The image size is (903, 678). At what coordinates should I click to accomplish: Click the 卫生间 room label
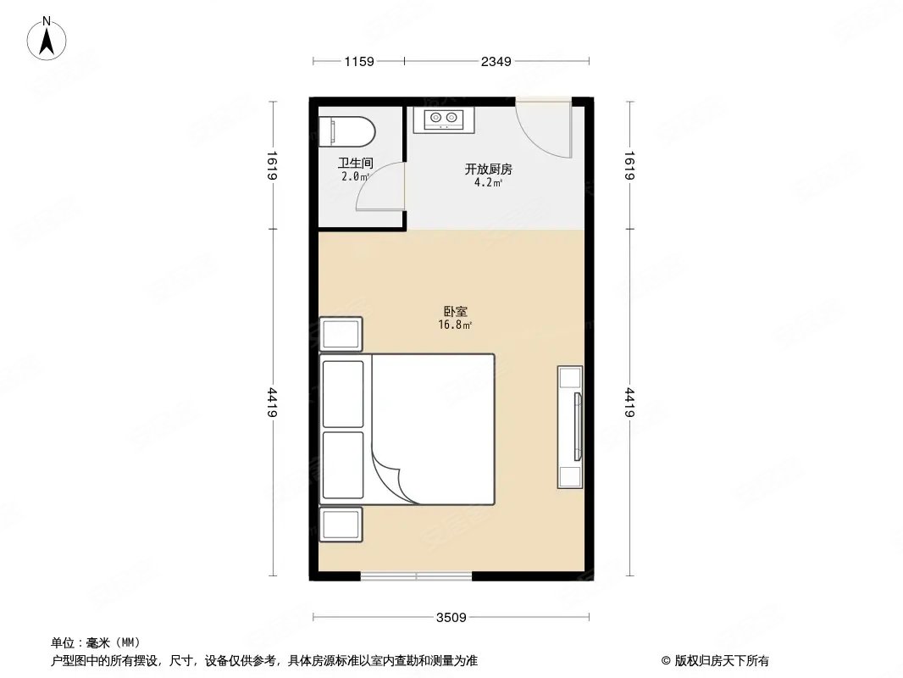(356, 164)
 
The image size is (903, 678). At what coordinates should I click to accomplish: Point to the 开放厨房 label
(488, 169)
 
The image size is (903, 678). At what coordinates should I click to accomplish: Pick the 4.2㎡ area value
(488, 181)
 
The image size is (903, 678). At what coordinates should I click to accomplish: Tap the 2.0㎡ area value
(356, 176)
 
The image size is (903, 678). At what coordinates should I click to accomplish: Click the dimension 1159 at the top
(359, 61)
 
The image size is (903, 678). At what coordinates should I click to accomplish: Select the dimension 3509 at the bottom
(451, 617)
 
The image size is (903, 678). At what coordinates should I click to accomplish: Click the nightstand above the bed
(341, 333)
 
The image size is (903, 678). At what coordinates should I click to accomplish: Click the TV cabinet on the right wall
(570, 426)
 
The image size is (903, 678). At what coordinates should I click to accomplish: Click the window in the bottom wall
(416, 577)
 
